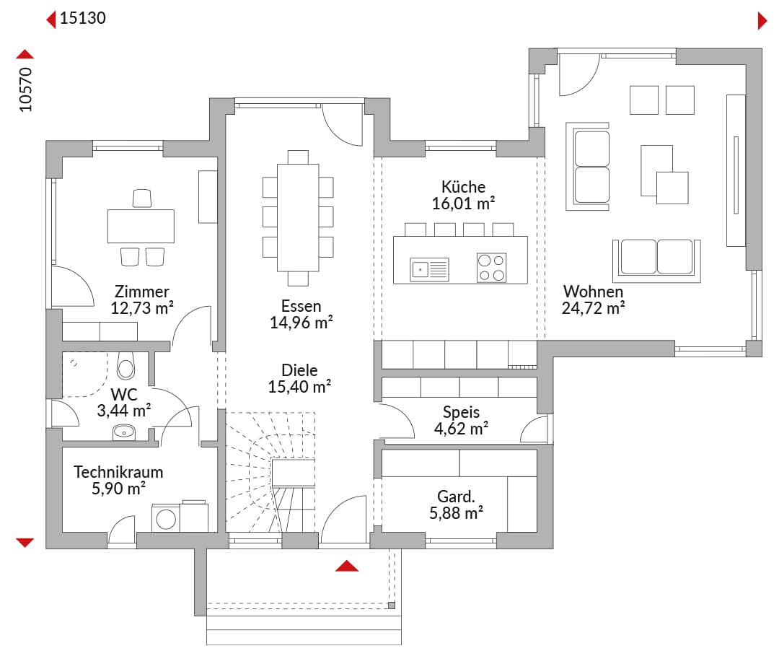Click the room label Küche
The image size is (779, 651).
[x=463, y=187]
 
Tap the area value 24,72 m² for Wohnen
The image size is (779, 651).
[x=593, y=308]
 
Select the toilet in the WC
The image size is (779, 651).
[x=126, y=366]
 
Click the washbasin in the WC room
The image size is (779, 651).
[x=124, y=432]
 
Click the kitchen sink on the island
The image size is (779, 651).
[x=429, y=269]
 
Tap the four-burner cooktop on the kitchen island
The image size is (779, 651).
[x=491, y=268]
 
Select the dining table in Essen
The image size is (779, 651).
[x=298, y=217]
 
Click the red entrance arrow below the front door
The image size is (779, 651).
[x=347, y=566]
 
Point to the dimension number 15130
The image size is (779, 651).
[x=82, y=18]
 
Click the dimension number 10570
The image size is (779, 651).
[x=25, y=89]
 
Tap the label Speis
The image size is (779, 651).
[x=461, y=412]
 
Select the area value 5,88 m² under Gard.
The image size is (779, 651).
[x=456, y=513]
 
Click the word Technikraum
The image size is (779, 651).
[x=118, y=471]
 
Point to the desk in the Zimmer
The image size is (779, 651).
[x=141, y=226]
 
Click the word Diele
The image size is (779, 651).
[x=299, y=370]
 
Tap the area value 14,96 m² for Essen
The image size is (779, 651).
[x=301, y=323]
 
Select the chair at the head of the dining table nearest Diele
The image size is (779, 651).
[x=298, y=279]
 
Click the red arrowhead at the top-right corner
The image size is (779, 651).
[x=762, y=21]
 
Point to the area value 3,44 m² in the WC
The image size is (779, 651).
[x=124, y=411]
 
